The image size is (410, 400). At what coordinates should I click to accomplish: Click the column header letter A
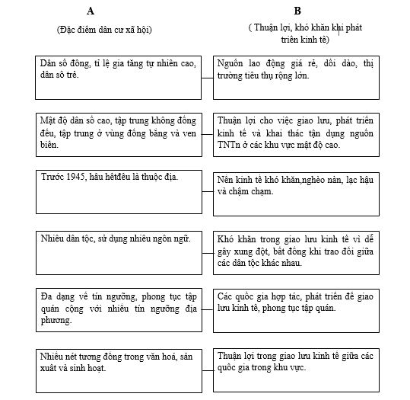point(91,11)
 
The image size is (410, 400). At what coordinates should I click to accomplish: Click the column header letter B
point(297,11)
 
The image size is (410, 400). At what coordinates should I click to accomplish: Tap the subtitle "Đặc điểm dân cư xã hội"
point(103,30)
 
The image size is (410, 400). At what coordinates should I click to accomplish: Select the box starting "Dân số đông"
point(119,76)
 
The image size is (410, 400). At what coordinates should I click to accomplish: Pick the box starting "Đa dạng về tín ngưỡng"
point(119,309)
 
